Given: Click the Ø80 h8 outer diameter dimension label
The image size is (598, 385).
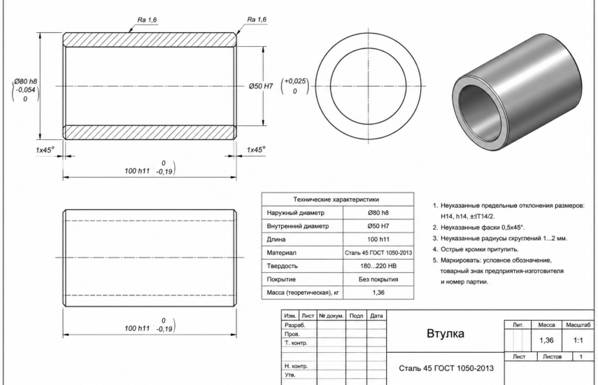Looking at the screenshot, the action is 26,81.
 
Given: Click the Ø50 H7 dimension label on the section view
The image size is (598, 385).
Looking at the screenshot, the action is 261,86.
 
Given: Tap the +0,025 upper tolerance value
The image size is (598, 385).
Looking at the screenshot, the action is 295,81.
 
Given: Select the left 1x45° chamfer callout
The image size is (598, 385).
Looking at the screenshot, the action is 45,150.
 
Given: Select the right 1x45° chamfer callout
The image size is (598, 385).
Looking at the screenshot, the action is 256,150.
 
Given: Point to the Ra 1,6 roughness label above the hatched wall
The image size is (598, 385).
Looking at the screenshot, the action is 147,20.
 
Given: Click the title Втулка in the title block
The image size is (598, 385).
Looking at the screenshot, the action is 446,333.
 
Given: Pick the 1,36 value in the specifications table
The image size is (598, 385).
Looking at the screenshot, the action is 378,293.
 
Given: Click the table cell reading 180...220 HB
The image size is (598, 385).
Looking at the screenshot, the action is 378,266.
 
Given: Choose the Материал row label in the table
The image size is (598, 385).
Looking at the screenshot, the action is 281,253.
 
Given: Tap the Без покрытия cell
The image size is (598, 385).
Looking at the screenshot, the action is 378,279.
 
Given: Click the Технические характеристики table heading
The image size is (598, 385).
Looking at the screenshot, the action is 336,199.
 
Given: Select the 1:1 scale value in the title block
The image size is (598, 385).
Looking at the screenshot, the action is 578,340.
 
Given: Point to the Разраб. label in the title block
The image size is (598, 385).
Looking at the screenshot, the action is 295,325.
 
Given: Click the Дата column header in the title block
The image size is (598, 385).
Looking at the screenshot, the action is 376,316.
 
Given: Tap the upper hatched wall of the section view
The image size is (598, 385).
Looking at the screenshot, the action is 150,40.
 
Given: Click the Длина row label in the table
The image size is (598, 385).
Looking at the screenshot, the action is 276,239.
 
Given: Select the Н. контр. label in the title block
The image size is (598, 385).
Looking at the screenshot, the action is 296,366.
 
